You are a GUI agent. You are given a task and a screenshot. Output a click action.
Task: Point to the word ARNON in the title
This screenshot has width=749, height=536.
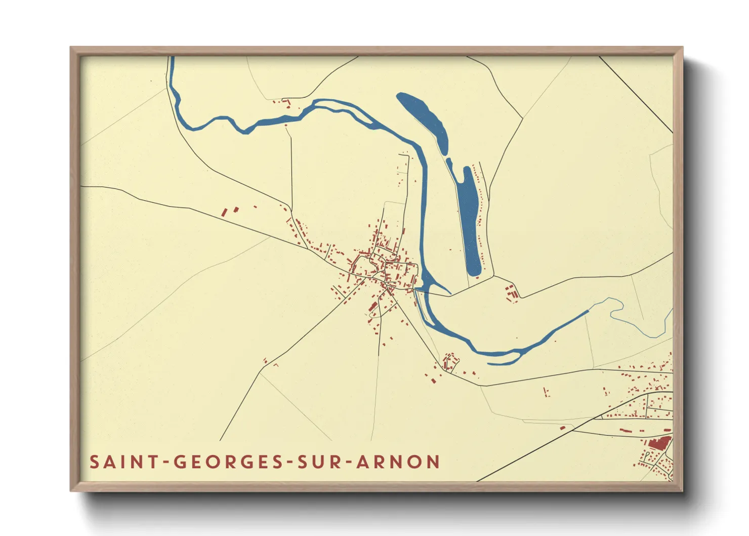point(398,462)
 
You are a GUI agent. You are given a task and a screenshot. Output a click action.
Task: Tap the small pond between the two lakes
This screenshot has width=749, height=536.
point(449,163)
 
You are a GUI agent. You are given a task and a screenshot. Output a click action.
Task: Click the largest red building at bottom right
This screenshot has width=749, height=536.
point(659,443)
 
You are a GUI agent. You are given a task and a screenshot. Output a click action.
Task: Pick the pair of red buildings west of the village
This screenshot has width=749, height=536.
point(230,211)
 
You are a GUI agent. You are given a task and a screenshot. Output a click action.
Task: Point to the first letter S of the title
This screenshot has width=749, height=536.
point(94,462)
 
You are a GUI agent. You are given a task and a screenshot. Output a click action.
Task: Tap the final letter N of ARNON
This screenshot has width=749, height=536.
point(433,462)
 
